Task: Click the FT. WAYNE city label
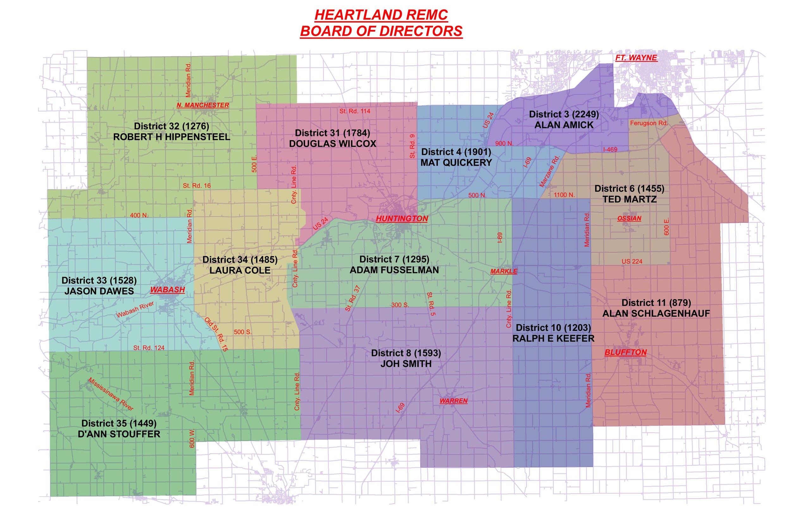[636, 58]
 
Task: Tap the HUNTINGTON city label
[402, 219]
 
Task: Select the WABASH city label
[167, 289]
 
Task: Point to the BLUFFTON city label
[625, 352]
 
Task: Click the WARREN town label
[453, 400]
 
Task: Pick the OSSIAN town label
[629, 218]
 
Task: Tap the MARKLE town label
[503, 271]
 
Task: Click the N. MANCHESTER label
[203, 105]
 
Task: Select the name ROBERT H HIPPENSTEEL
[171, 137]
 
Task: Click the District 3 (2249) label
[564, 114]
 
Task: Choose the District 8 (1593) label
[406, 353]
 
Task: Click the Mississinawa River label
[111, 394]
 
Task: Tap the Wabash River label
[135, 309]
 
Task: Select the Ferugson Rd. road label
[649, 123]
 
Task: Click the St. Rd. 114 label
[354, 111]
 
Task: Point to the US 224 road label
[632, 261]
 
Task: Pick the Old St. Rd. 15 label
[216, 334]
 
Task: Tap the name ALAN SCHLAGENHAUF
[656, 313]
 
